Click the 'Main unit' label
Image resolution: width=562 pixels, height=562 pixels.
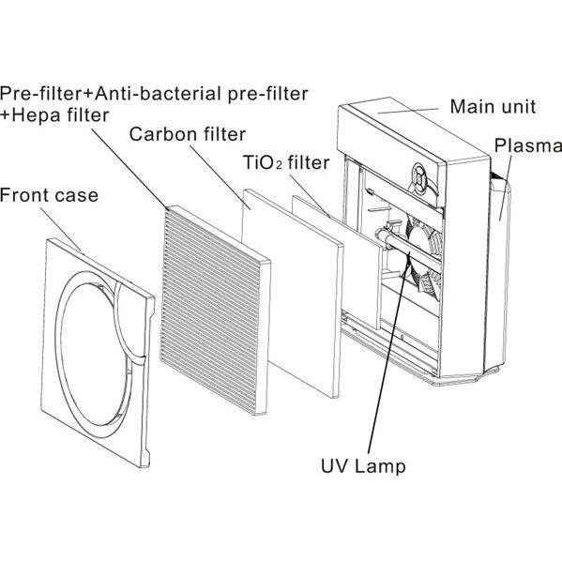pyautogui.click(x=493, y=106)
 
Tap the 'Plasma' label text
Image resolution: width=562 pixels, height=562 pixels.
pyautogui.click(x=526, y=145)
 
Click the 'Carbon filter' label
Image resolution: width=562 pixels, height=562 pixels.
pyautogui.click(x=188, y=133)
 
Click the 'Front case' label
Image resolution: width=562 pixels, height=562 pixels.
pyautogui.click(x=49, y=195)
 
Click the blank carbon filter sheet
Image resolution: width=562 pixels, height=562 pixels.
pyautogui.click(x=291, y=291)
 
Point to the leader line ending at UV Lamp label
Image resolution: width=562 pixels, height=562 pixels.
pyautogui.click(x=385, y=366)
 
